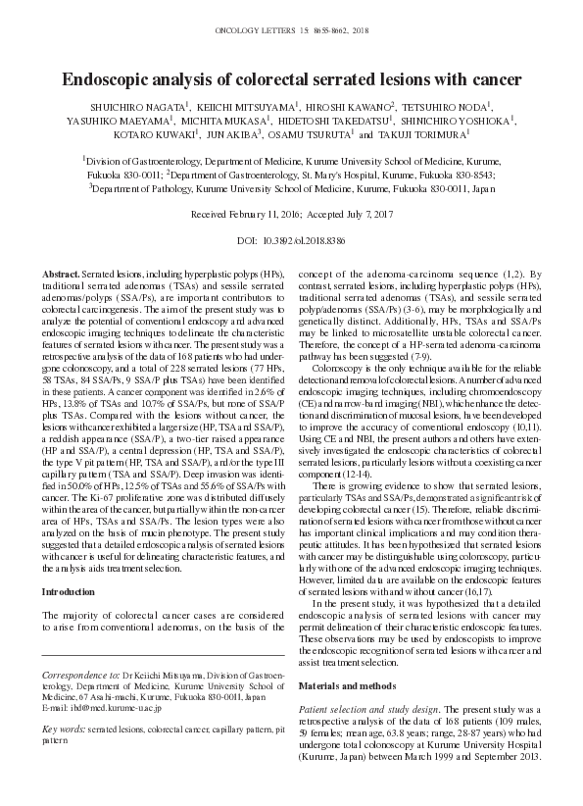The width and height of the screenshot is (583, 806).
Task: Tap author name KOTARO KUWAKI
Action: pyautogui.click(x=154, y=136)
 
